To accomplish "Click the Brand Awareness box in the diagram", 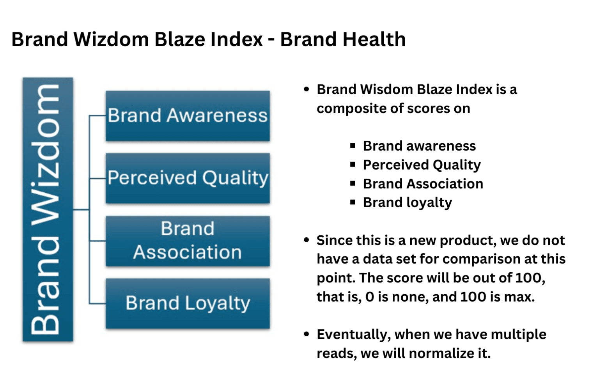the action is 188,116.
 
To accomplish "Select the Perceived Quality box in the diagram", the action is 188,178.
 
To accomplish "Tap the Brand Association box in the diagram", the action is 188,241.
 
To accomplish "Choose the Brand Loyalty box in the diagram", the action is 188,304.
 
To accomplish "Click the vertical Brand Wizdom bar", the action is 48,209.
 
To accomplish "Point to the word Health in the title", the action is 374,39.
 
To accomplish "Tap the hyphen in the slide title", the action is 271,41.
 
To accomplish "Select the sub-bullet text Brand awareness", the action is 419,146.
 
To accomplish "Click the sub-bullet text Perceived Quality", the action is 422,165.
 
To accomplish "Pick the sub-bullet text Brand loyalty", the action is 407,203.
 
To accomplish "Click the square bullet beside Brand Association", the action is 353,183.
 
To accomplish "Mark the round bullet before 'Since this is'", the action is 307,240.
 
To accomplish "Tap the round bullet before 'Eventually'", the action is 307,334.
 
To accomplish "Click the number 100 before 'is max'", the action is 473,297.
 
